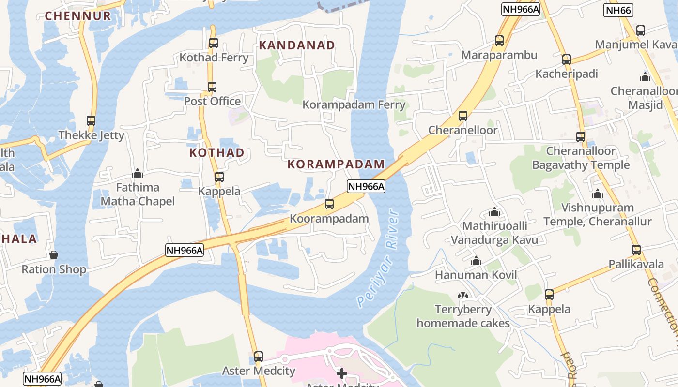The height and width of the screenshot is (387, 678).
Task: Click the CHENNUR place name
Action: pyautogui.click(x=78, y=16)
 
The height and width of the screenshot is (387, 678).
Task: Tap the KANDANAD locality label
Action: pyautogui.click(x=297, y=45)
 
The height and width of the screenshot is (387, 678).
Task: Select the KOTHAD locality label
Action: pyautogui.click(x=216, y=153)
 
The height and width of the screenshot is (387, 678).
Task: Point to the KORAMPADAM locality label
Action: pyautogui.click(x=336, y=164)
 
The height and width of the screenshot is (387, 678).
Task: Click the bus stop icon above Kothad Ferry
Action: pyautogui.click(x=213, y=43)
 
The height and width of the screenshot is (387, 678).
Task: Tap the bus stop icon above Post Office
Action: pyautogui.click(x=212, y=87)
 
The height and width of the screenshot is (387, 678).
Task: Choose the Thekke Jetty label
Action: pyautogui.click(x=92, y=135)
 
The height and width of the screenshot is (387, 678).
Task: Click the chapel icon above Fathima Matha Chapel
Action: pyautogui.click(x=138, y=173)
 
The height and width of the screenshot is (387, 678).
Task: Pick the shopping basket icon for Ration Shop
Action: pyautogui.click(x=54, y=255)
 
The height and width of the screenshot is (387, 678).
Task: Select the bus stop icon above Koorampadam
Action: pyautogui.click(x=329, y=204)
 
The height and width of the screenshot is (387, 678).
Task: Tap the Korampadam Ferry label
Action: pyautogui.click(x=354, y=104)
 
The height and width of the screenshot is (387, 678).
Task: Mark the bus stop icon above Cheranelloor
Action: pyautogui.click(x=462, y=116)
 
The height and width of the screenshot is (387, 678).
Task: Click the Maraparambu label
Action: pyautogui.click(x=499, y=55)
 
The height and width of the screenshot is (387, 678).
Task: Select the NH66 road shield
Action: pyautogui.click(x=618, y=10)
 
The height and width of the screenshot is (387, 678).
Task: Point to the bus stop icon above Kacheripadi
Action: pyautogui.click(x=566, y=60)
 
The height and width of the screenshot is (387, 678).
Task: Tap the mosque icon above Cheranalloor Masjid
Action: pyautogui.click(x=645, y=77)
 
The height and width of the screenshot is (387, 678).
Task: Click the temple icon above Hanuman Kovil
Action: pyautogui.click(x=476, y=261)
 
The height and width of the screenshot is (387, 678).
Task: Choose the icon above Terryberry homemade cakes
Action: pyautogui.click(x=463, y=295)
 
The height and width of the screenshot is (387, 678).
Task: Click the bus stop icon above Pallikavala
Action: pyautogui.click(x=636, y=250)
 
